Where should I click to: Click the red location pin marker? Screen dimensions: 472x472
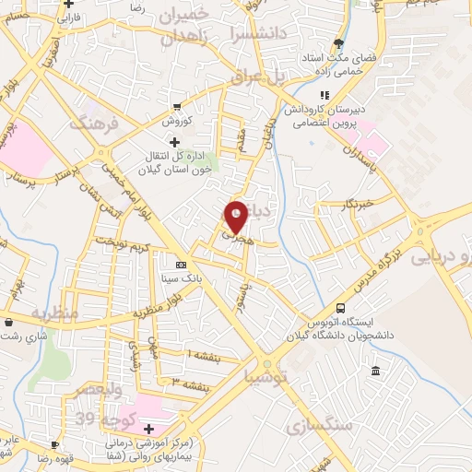tap(236, 216)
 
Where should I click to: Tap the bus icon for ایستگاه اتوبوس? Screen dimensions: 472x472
tap(341, 308)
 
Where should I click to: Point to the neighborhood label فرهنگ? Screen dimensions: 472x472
tap(95, 123)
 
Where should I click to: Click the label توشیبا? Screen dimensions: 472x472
tap(268, 376)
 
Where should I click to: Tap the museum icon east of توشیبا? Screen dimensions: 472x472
tap(374, 371)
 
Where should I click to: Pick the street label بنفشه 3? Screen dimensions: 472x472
tap(188, 381)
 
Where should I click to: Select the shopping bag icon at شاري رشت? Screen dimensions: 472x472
tap(8, 323)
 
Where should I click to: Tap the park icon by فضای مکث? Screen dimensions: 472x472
tap(340, 43)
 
